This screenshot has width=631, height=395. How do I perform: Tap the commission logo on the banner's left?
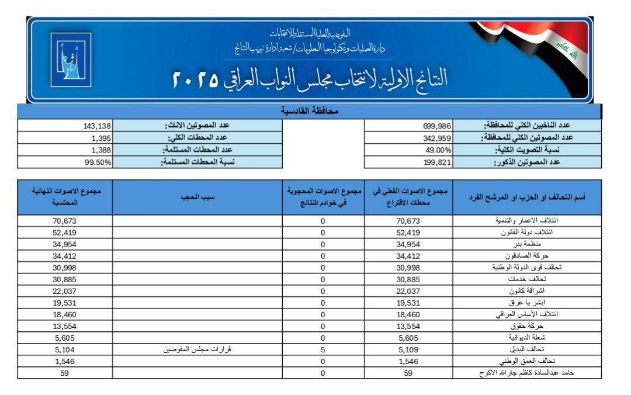[x=71, y=60]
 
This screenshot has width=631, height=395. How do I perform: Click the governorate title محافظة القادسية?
[x=310, y=111]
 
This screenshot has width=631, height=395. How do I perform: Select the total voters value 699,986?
[x=438, y=126]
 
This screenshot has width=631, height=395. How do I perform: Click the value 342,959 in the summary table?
[x=438, y=138]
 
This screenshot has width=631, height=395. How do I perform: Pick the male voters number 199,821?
[x=438, y=162]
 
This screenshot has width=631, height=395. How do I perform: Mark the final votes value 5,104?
[x=65, y=349]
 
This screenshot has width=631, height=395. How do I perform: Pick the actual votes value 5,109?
[x=408, y=349]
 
